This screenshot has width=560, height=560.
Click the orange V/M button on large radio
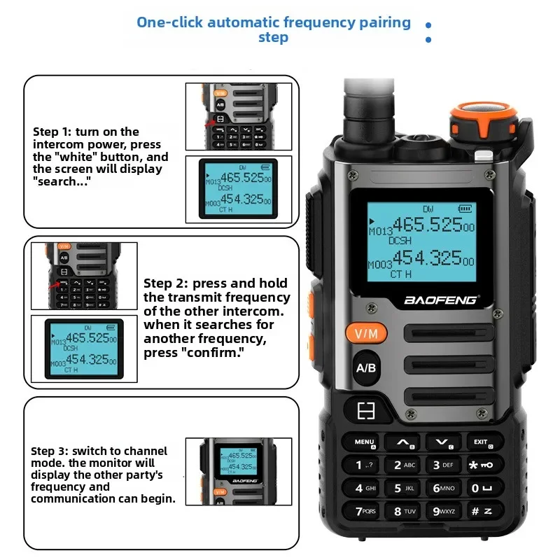point(367,334)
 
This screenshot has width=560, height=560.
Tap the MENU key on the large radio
point(365,442)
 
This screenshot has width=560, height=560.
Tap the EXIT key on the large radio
point(481,442)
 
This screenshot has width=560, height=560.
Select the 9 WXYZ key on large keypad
point(442,511)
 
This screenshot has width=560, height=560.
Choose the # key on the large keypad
point(481,511)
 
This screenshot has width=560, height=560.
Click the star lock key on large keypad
point(481,465)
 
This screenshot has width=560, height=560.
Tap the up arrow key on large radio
point(403,442)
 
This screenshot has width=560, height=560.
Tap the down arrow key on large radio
point(442,442)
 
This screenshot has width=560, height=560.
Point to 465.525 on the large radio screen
point(426,225)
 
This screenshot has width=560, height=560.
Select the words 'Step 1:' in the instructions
point(51,132)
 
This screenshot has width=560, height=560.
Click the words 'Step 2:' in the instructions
point(166,283)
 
